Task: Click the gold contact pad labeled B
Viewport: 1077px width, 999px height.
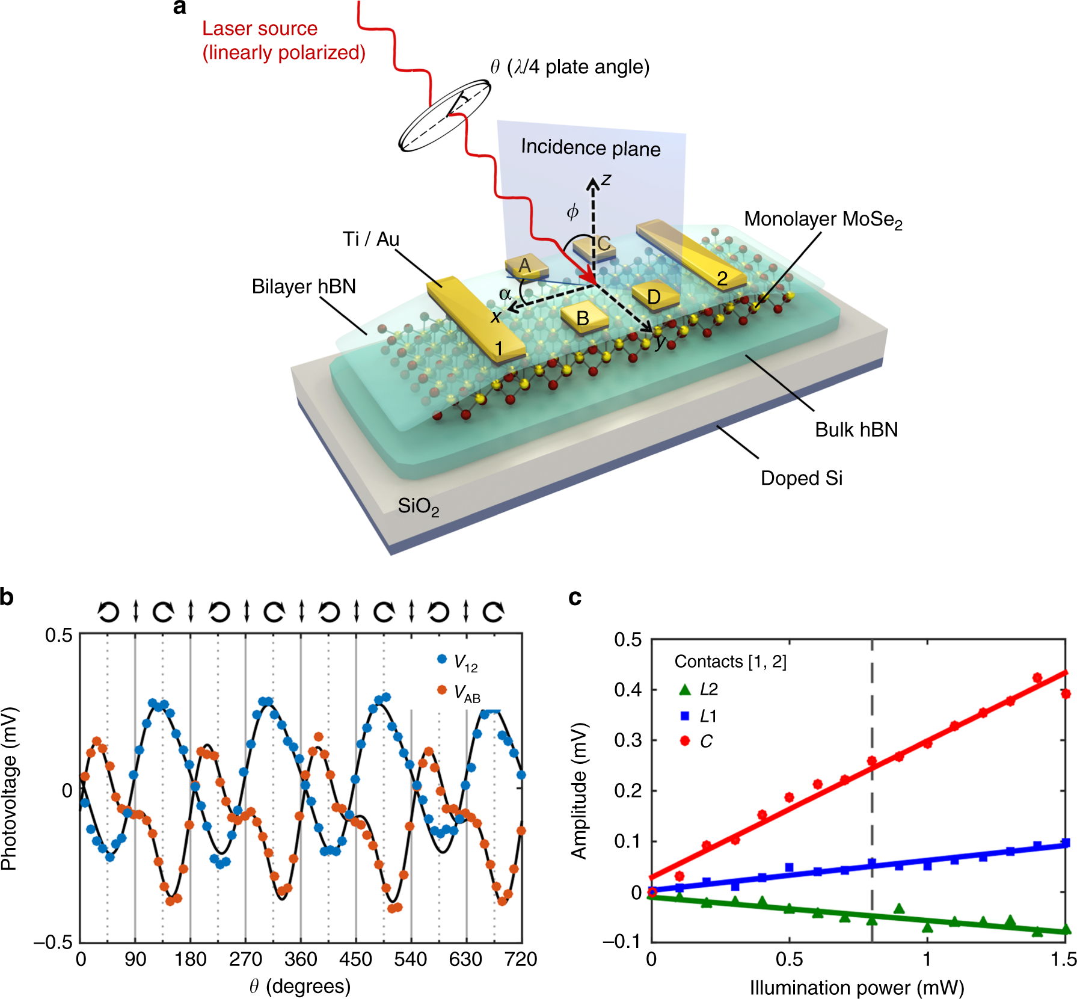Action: point(583,318)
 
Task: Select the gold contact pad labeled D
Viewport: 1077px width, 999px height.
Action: point(654,296)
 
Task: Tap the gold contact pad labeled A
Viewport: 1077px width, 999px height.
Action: point(525,265)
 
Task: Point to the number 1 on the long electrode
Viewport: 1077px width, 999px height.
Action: point(499,348)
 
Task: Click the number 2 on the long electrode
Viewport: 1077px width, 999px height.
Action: point(722,278)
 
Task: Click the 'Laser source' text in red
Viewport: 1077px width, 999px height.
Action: point(259,28)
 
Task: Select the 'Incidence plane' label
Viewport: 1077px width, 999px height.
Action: point(591,147)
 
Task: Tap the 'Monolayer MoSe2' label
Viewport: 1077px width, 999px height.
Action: point(823,220)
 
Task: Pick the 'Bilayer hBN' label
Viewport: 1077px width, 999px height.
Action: point(304,286)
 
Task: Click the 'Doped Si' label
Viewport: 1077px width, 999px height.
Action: point(801,478)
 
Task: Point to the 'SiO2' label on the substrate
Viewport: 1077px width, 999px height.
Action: point(418,506)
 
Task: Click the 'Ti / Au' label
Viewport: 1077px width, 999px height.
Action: point(370,239)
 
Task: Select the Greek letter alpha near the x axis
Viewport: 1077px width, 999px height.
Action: point(505,294)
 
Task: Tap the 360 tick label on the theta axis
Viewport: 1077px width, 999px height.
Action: point(301,959)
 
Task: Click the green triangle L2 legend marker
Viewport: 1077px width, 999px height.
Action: point(685,689)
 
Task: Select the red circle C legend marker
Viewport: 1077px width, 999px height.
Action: point(685,740)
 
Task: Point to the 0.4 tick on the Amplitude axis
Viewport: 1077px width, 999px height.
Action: point(627,690)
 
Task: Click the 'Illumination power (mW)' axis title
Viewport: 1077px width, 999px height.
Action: point(856,988)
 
